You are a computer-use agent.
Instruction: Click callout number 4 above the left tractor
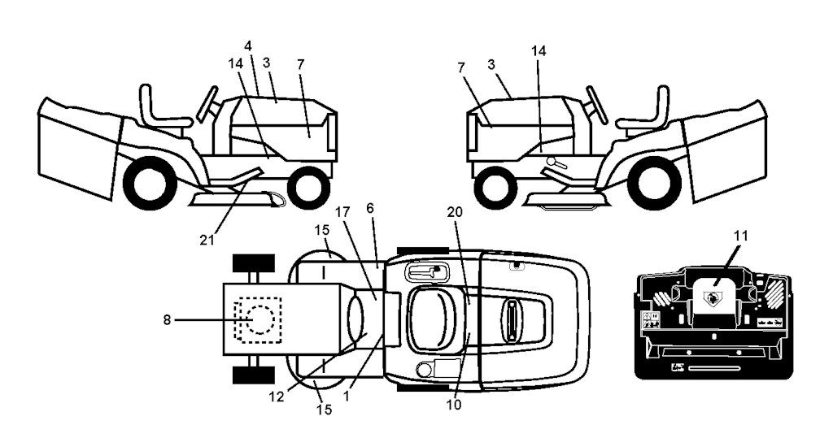click(x=248, y=46)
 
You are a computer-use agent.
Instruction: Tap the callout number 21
click(x=207, y=240)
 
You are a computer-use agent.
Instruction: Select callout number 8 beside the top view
click(x=167, y=320)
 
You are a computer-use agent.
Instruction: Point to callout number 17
click(x=343, y=212)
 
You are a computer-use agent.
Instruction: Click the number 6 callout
click(x=370, y=208)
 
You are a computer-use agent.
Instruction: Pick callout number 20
click(x=454, y=212)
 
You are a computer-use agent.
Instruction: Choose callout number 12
click(x=277, y=396)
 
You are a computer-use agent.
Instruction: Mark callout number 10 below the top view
click(x=454, y=405)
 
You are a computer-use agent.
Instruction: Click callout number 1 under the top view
click(x=347, y=396)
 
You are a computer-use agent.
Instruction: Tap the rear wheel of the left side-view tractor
click(x=150, y=184)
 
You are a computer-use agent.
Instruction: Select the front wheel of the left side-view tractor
click(x=308, y=187)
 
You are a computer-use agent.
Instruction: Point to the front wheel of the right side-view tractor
click(x=496, y=188)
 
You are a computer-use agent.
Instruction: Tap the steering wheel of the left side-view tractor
click(x=207, y=103)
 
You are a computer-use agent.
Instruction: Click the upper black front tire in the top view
click(x=254, y=262)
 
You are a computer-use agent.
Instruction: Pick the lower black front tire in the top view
click(x=254, y=375)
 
